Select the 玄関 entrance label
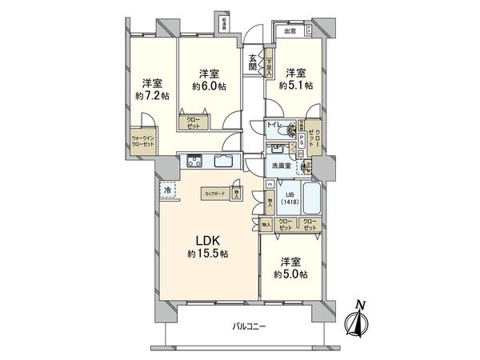pyautogui.click(x=252, y=62)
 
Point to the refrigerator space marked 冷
pyautogui.click(x=168, y=190)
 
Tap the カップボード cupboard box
pyautogui.click(x=214, y=194)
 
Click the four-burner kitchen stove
pyautogui.click(x=195, y=162)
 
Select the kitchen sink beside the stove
pyautogui.click(x=223, y=162)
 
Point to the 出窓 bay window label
pyautogui.click(x=288, y=31)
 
